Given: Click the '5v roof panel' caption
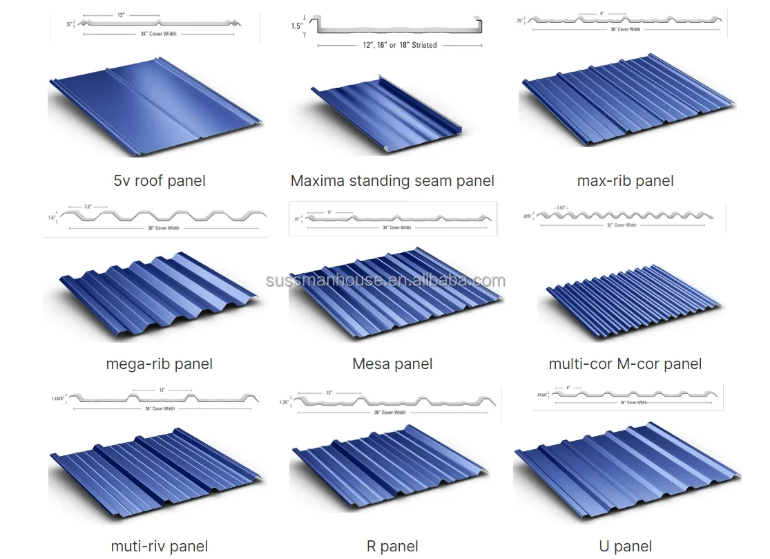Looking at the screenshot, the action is coord(160,181).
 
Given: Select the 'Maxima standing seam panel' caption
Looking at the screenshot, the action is coord(392,181).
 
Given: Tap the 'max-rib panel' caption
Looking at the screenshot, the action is coord(625,181).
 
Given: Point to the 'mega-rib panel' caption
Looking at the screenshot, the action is coord(159,363).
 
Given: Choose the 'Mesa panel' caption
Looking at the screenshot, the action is coord(392,363).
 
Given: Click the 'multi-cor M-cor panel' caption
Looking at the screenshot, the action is coord(625,363).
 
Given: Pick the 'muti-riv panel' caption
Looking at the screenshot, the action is coord(159,546).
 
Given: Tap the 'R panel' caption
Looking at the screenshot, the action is coord(392,546).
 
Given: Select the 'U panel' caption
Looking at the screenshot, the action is coord(625,546).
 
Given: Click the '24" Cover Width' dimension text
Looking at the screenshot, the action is coord(160,34).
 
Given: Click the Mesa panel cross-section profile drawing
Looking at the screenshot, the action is coord(392,219).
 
